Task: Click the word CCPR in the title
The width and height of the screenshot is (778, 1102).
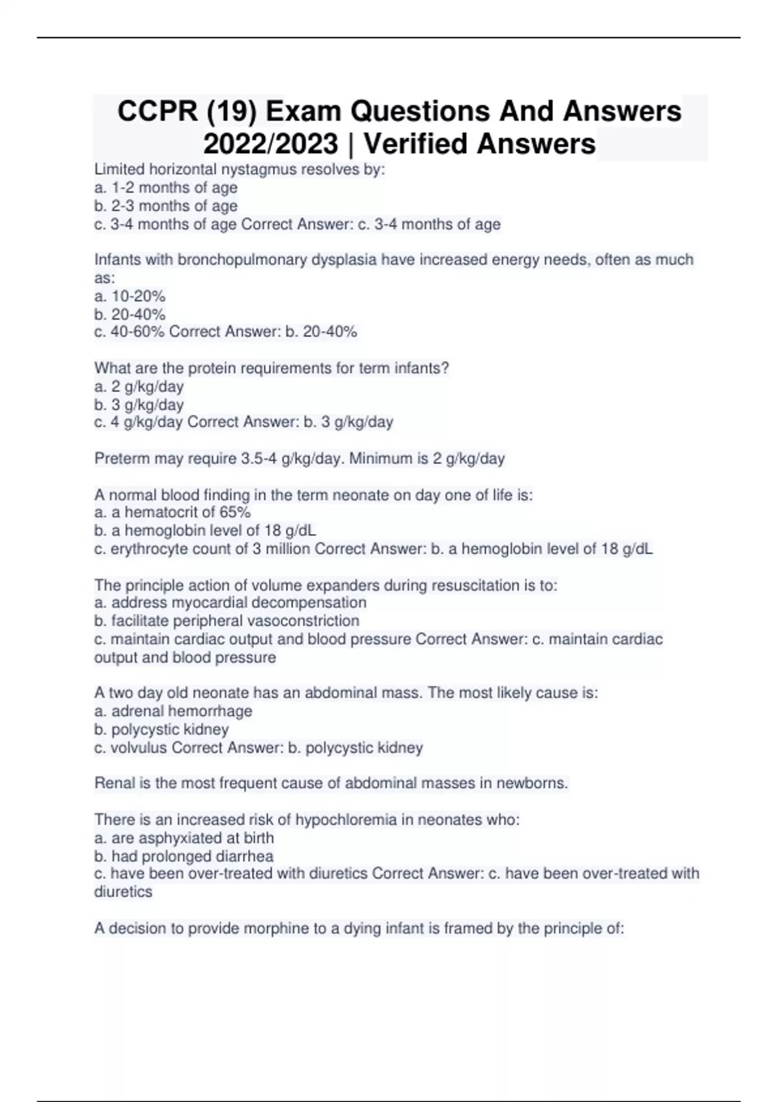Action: click(158, 111)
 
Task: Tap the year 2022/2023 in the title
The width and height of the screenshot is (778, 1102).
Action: click(270, 144)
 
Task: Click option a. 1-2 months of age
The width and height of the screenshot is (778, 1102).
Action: click(166, 188)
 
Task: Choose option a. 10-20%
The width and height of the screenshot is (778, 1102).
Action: click(130, 296)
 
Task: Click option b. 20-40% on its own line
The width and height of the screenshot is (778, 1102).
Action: click(130, 314)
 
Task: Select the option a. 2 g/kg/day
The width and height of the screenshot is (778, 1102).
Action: click(139, 386)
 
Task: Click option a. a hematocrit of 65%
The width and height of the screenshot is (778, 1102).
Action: click(172, 512)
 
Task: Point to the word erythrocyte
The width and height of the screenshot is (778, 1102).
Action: click(147, 549)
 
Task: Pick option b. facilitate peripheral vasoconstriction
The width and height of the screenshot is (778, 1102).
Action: click(227, 621)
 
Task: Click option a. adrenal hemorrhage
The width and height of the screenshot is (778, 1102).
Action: click(173, 711)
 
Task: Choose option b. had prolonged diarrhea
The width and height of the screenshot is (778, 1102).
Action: click(183, 856)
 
